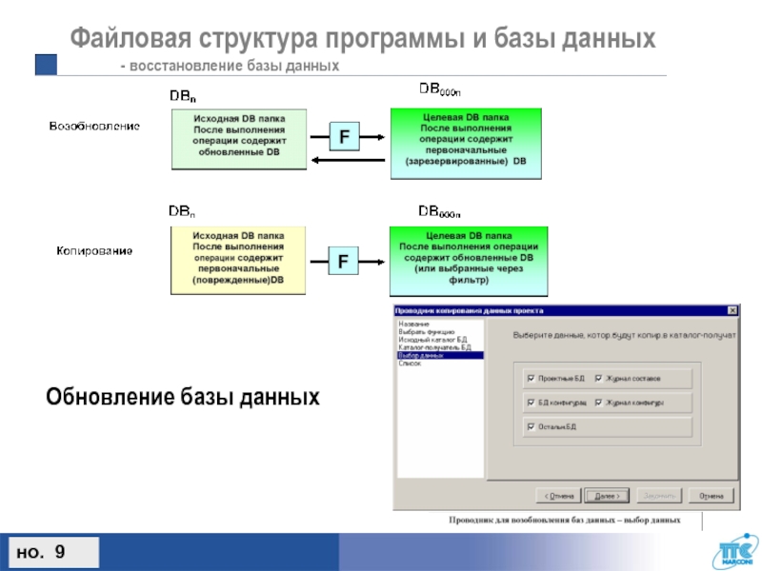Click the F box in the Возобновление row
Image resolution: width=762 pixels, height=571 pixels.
343,138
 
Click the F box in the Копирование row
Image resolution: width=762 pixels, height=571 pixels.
343,259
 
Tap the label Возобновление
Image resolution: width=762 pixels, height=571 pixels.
95,126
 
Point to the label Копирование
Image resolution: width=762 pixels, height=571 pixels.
92,250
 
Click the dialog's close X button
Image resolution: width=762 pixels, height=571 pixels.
732,310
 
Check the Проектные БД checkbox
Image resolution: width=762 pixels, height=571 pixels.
531,378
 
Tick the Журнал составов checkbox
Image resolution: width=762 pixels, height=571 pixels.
598,378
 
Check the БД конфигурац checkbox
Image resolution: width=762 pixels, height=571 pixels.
531,403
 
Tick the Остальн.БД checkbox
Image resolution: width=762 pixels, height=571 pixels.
531,427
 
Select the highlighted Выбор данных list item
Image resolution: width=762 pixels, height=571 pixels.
439,355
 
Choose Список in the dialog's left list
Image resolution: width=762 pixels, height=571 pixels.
410,363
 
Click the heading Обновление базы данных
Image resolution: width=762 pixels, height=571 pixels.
183,395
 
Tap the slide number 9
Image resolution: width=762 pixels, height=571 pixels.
60,552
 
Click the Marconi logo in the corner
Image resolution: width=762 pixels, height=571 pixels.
732,552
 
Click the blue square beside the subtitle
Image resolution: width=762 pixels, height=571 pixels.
47,64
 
